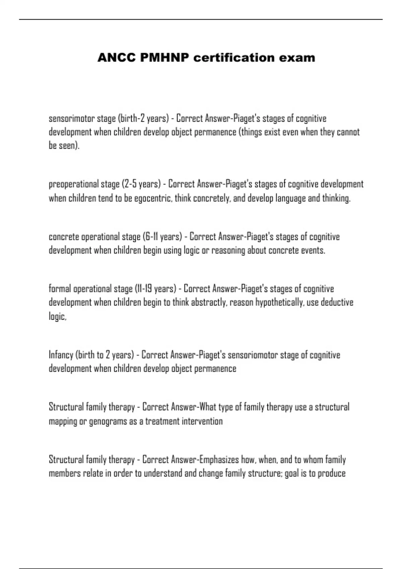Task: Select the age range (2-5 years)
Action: click(x=141, y=184)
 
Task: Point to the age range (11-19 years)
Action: click(x=155, y=289)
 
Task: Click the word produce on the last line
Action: click(x=331, y=473)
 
